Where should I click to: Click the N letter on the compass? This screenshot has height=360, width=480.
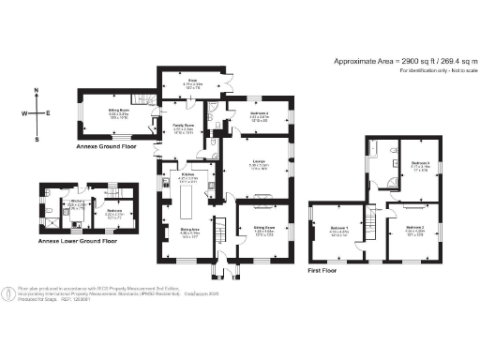(37, 91)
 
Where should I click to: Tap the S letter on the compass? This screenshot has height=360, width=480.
(37, 140)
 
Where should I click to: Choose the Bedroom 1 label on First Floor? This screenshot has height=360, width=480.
(339, 228)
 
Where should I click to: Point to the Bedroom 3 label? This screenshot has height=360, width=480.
(420, 165)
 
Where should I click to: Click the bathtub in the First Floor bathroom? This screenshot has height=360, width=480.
(378, 149)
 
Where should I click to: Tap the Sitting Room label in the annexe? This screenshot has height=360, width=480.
(116, 117)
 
